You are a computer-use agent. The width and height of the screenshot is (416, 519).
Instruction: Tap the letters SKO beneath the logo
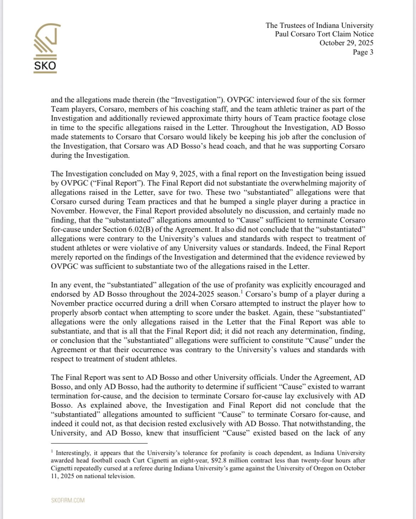tap(45, 66)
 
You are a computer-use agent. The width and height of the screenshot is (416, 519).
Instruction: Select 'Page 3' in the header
tap(363, 52)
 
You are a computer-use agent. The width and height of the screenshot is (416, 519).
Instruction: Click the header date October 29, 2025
tap(346, 43)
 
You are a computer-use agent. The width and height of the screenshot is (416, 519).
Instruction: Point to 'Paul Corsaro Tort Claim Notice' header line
tap(324, 34)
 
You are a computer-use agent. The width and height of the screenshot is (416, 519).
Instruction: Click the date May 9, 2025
tap(171, 174)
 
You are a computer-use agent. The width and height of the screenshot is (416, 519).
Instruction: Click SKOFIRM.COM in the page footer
tap(68, 500)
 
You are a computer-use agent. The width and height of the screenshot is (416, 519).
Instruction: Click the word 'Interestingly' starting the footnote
tap(73, 453)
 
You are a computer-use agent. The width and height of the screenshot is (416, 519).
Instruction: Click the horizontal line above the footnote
tap(99, 444)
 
